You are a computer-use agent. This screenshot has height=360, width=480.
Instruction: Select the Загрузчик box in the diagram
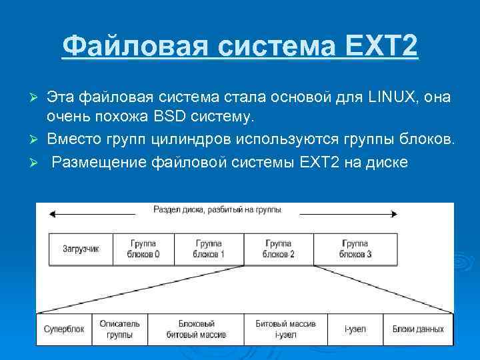81,249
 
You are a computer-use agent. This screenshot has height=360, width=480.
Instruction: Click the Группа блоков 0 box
145,249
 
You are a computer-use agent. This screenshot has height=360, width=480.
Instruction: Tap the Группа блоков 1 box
209,249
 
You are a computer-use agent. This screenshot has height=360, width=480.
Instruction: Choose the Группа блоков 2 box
279,249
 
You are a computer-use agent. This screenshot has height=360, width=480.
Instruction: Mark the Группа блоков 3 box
355,249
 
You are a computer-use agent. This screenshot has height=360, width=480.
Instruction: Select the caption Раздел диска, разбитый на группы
217,209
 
